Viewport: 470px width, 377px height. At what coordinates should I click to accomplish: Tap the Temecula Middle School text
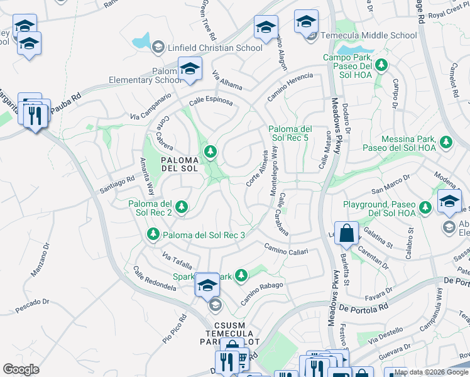coord(369,36)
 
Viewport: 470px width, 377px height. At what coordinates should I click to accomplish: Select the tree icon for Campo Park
coord(381,64)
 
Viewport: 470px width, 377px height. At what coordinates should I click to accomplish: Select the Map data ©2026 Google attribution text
coord(431,372)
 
